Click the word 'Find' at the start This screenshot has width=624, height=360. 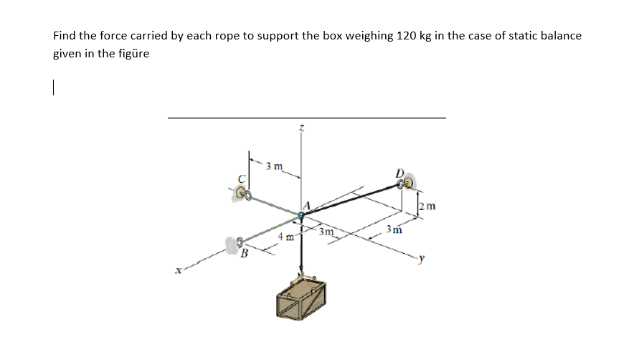click(x=65, y=35)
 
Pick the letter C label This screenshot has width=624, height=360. click(x=242, y=179)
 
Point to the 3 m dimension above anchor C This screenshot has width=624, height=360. click(x=273, y=168)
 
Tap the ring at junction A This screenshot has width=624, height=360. click(x=301, y=215)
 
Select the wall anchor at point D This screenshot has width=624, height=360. click(x=406, y=184)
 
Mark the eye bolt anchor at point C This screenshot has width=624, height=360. click(x=243, y=192)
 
